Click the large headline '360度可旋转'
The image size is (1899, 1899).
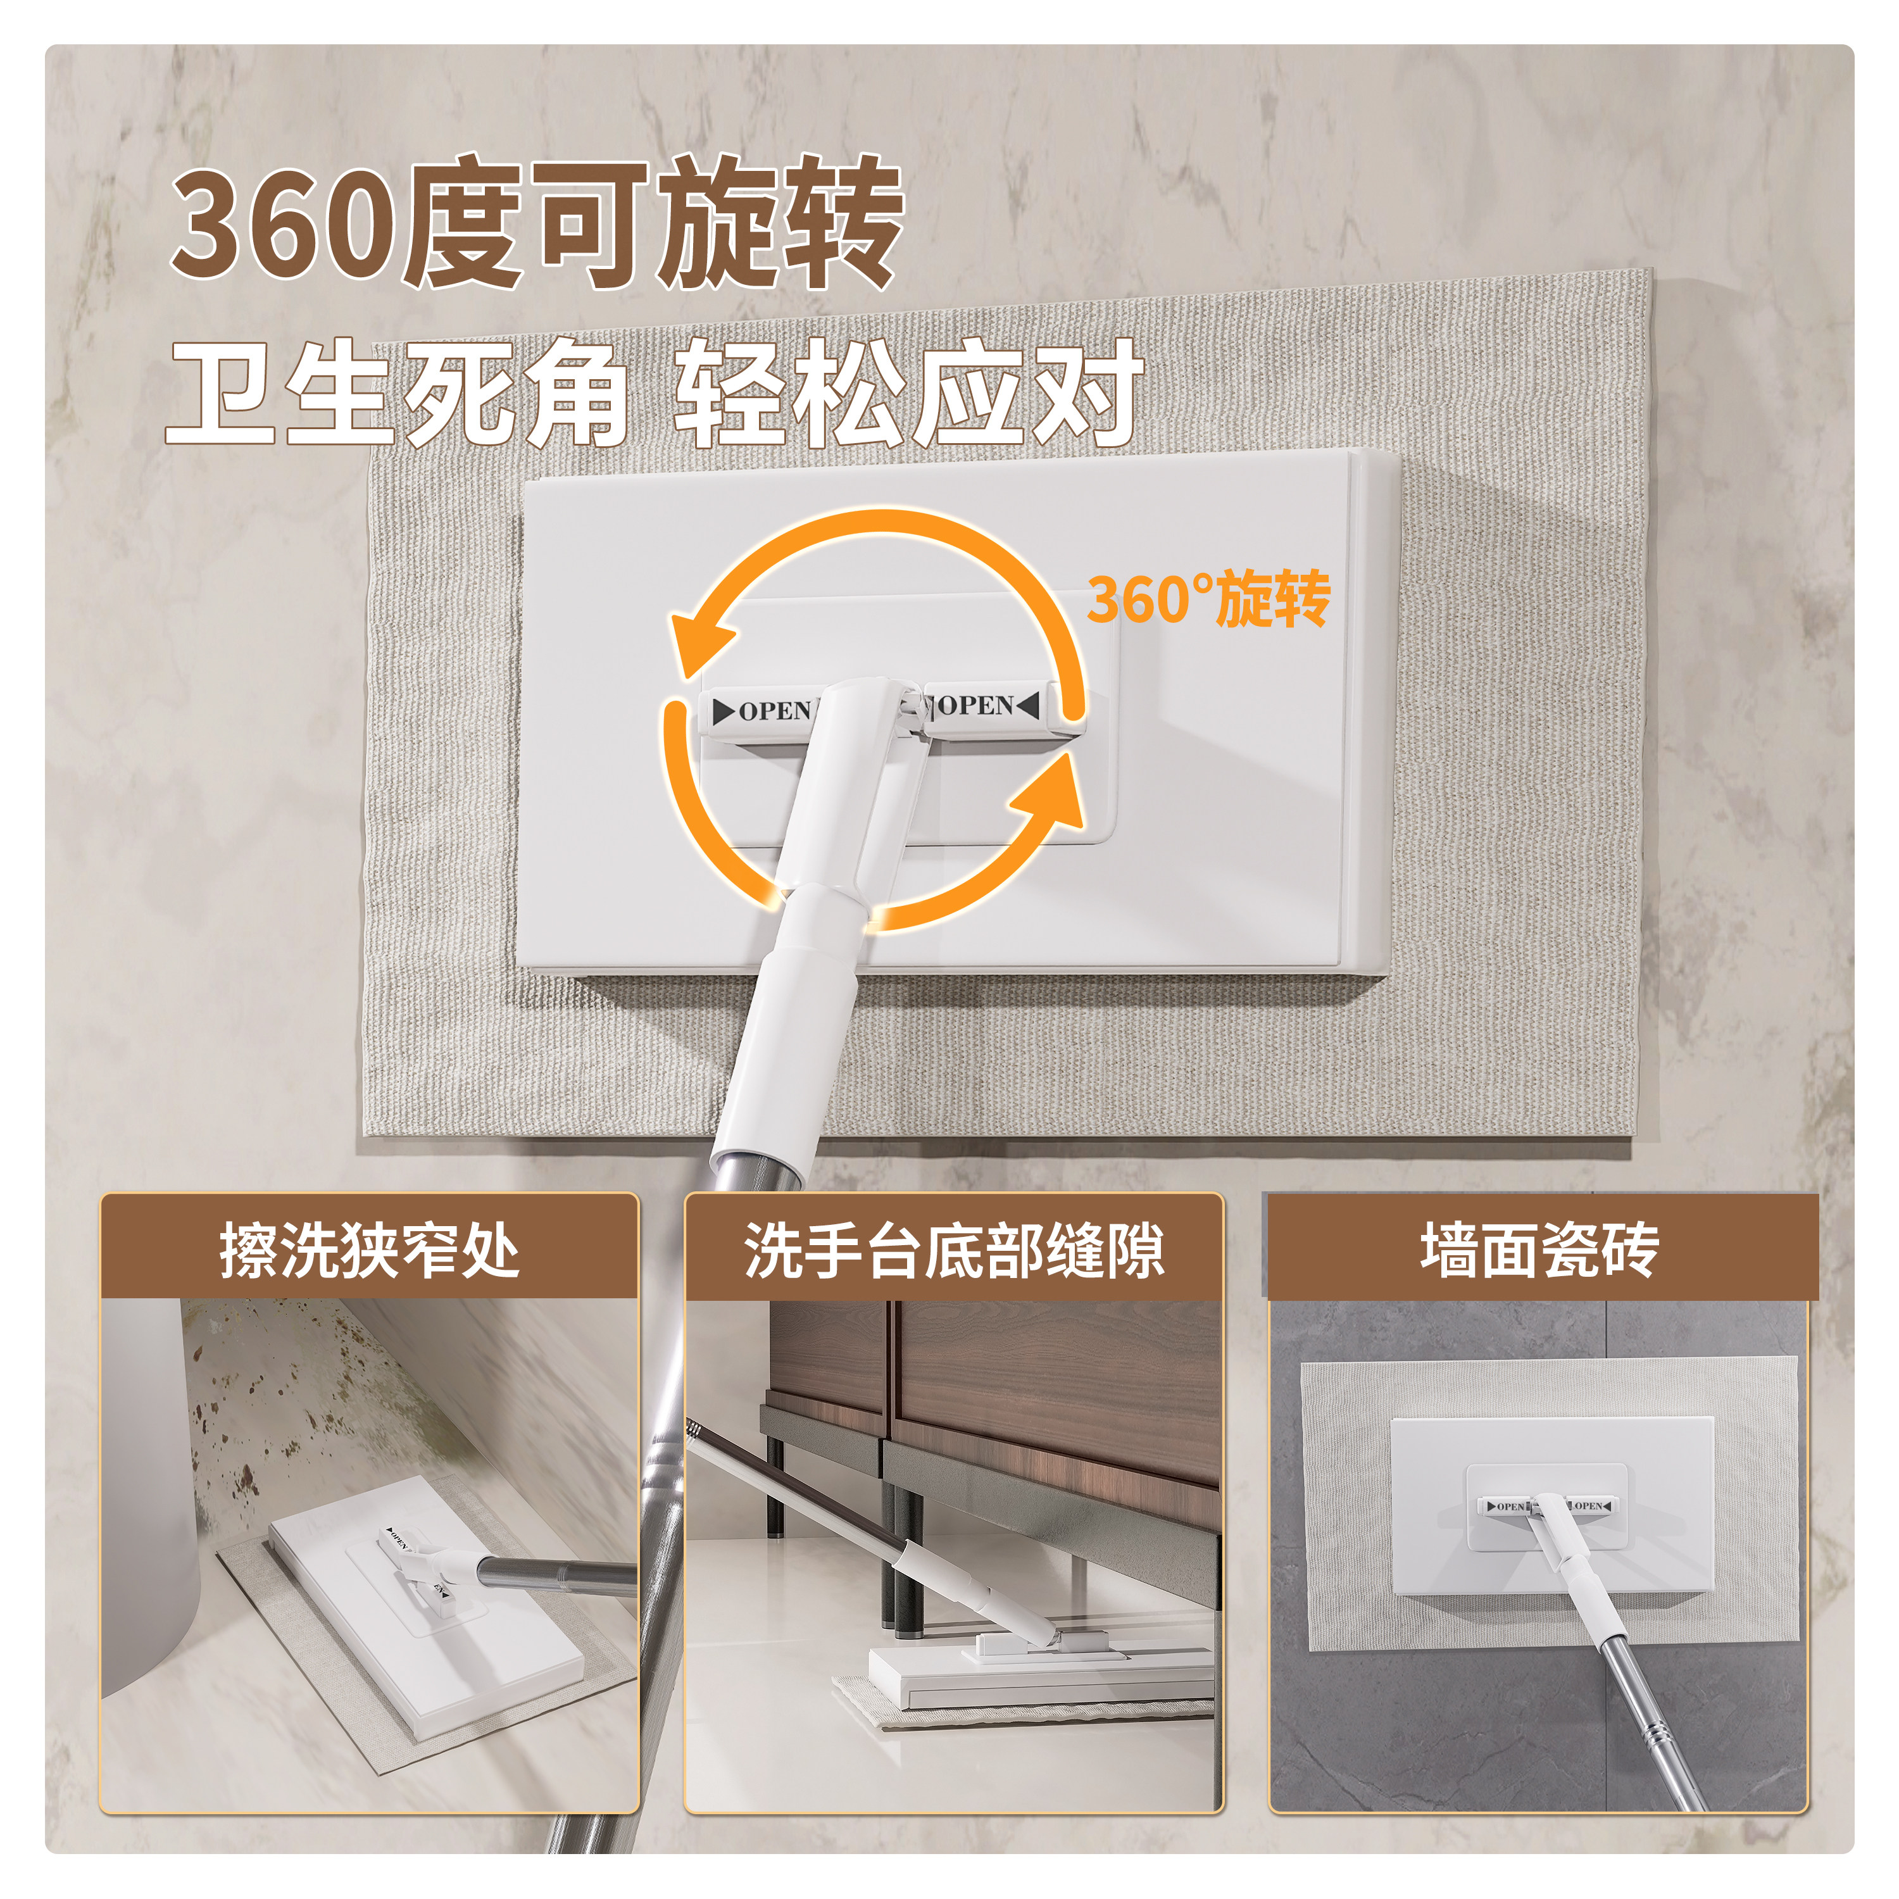(536, 224)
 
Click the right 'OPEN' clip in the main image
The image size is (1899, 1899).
(983, 705)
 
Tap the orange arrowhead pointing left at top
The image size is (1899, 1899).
(700, 639)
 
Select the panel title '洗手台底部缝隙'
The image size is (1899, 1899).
(953, 1250)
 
